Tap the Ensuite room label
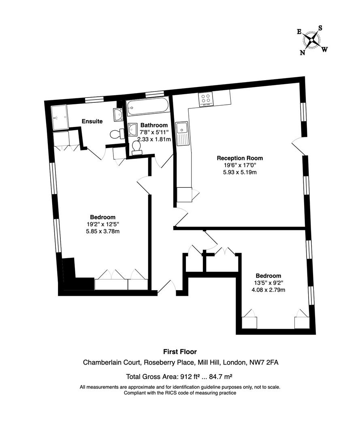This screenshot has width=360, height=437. point(92,121)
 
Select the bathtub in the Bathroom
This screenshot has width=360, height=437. point(147,107)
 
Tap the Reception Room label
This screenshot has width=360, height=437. point(240,158)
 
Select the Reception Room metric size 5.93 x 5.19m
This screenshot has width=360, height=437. point(240,172)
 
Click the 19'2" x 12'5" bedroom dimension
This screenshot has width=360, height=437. point(102,224)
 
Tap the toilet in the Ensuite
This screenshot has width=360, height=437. point(117,133)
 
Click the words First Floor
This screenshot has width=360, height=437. point(180,352)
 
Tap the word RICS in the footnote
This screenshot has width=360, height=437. point(167,393)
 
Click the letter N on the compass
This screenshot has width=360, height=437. point(302,52)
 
